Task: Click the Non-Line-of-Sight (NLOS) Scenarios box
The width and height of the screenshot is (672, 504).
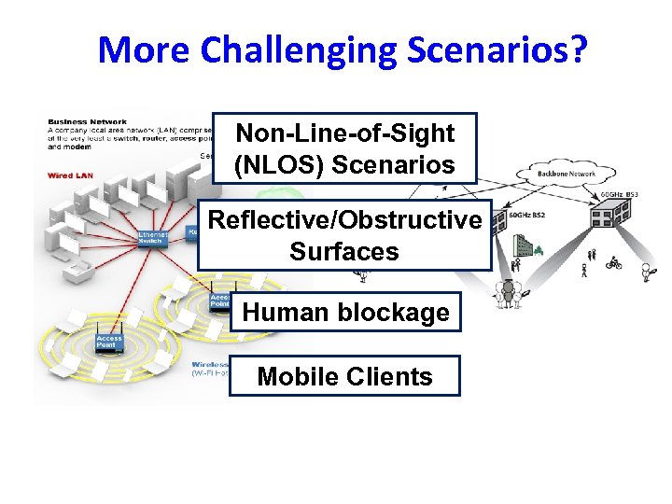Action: [344, 148]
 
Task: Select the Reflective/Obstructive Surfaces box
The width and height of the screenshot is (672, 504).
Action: [344, 235]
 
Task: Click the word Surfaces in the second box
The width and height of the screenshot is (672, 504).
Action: [344, 252]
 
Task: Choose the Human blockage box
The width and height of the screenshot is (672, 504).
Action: [345, 312]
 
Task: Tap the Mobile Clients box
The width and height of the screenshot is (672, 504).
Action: [344, 376]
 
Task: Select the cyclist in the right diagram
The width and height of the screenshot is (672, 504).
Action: [613, 265]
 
